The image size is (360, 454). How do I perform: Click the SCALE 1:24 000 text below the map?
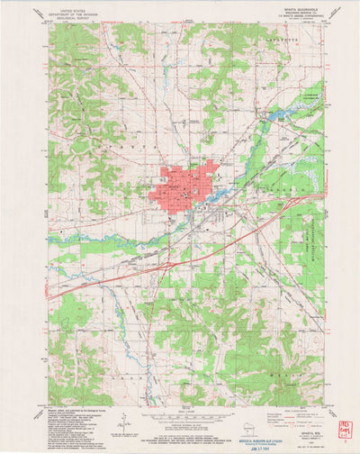click(x=180, y=411)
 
